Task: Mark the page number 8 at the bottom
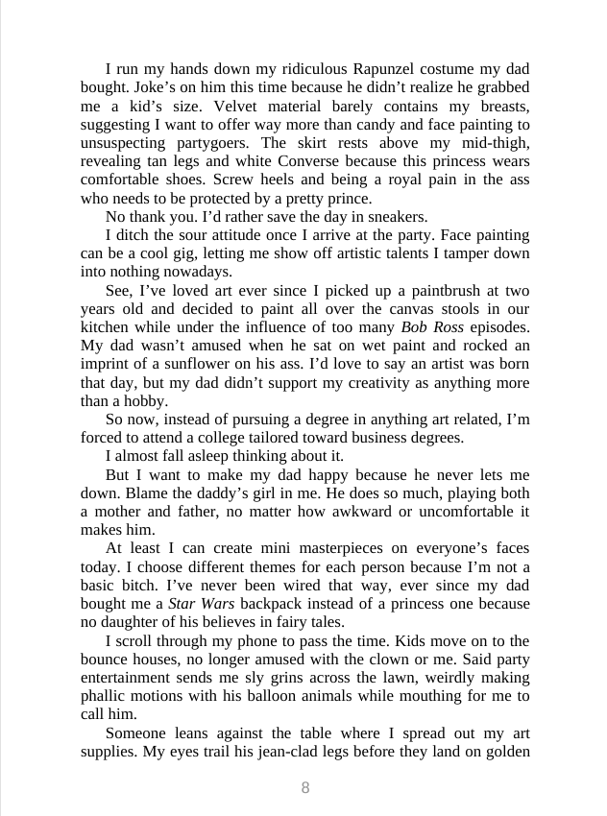305,788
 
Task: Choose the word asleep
212,456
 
